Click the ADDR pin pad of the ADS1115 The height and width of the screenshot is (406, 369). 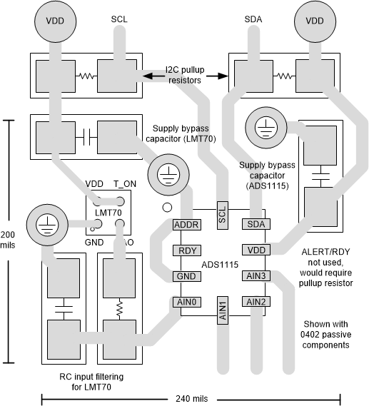pos(186,225)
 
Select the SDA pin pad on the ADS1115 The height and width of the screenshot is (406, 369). pos(254,225)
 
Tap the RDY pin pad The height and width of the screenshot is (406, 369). pos(186,250)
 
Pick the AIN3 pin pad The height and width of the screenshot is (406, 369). pos(255,276)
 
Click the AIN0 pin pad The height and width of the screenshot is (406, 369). pos(186,302)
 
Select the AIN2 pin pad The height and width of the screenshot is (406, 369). pos(255,302)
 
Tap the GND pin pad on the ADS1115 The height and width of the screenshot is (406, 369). pos(186,276)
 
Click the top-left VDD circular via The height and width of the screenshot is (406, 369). pos(55,21)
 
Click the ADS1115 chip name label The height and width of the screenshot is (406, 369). pos(220,264)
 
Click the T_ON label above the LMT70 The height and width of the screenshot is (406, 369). pos(125,183)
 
